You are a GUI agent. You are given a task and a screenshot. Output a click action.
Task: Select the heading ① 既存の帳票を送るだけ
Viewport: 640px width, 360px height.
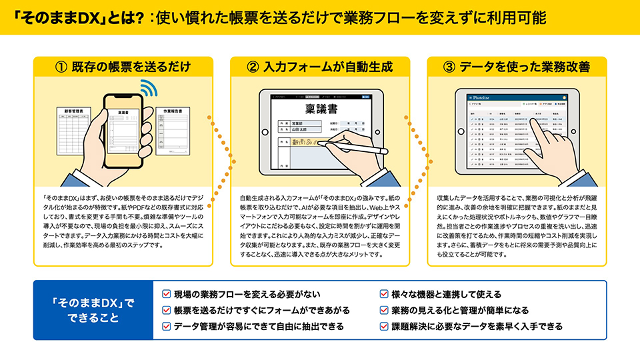[x=123, y=67]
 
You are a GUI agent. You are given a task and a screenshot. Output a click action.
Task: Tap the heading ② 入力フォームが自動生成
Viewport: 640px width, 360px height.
[x=319, y=67]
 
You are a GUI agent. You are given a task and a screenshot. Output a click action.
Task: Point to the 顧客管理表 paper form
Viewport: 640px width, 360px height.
[x=75, y=130]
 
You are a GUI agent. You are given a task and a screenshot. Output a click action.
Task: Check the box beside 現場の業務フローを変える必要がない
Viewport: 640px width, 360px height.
[x=166, y=294]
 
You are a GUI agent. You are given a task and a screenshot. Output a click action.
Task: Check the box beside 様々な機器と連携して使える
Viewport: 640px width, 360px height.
[x=384, y=294]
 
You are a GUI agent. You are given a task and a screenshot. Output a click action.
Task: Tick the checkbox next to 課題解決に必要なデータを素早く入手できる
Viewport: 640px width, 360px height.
[x=384, y=326]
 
